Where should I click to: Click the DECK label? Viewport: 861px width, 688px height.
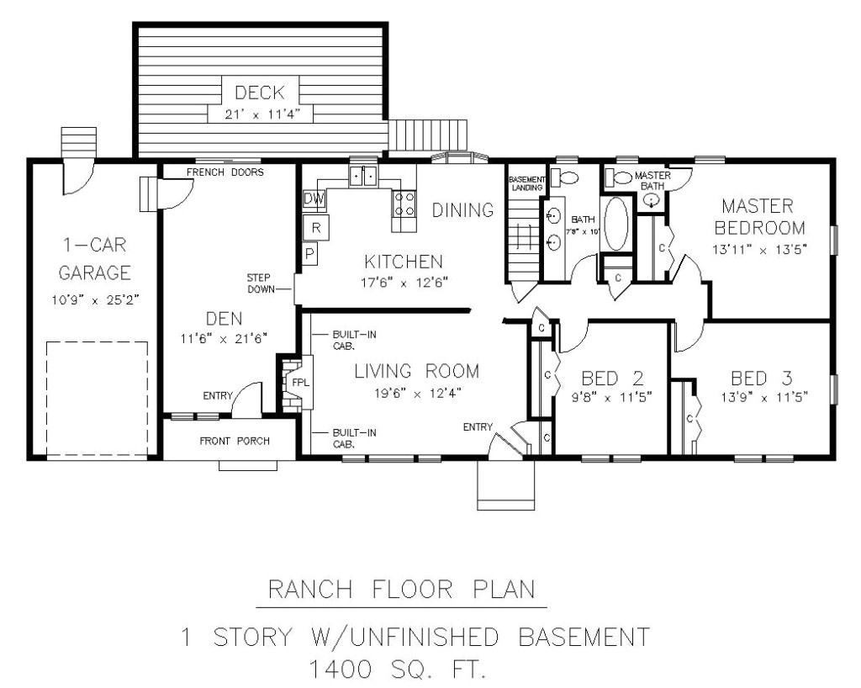click(260, 93)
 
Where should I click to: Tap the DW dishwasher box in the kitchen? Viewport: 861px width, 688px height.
click(314, 199)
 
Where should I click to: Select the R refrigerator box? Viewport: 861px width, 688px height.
click(316, 227)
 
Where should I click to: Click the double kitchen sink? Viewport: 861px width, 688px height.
click(363, 176)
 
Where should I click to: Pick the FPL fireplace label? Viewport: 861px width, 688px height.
click(300, 382)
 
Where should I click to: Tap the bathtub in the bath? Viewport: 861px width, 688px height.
click(615, 223)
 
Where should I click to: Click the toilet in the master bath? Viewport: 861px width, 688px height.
click(621, 177)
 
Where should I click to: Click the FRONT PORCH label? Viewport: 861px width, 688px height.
click(235, 441)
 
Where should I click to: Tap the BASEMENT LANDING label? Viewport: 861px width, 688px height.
click(526, 183)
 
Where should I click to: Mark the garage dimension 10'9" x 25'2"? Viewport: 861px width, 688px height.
click(94, 299)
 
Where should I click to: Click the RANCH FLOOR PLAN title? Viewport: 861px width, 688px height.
click(401, 590)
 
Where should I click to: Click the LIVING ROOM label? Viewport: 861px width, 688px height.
click(416, 371)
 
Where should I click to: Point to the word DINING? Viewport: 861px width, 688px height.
click(462, 210)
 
